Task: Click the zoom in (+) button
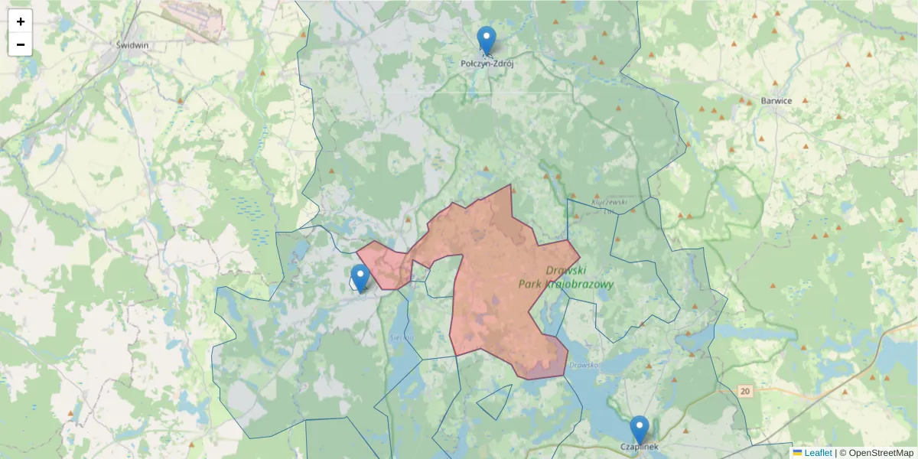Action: (x=21, y=21)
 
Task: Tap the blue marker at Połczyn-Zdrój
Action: (x=486, y=41)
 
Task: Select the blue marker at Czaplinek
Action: (x=639, y=430)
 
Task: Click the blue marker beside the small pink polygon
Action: (x=360, y=278)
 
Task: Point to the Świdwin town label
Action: (x=132, y=44)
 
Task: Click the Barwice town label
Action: (x=776, y=101)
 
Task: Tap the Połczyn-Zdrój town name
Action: (x=487, y=64)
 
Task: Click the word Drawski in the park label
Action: (x=566, y=271)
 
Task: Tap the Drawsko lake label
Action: (x=584, y=365)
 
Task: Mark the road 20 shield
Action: (x=745, y=391)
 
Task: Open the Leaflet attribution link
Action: (x=818, y=453)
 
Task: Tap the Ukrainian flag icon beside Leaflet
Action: (x=798, y=453)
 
